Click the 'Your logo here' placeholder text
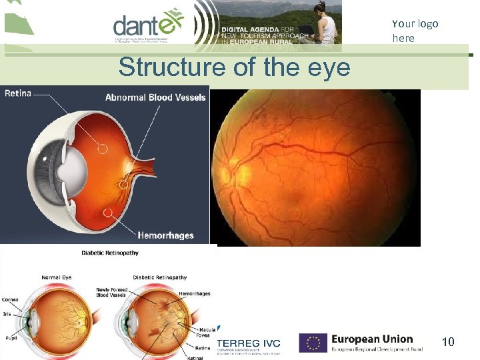pos(415,31)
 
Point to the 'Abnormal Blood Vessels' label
pos(155,97)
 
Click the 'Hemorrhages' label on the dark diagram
pos(165,235)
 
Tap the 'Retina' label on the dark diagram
pos(18,93)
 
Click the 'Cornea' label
pos(10,300)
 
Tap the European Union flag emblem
pos(313,343)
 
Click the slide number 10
pos(448,343)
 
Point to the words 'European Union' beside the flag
pos(372,339)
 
